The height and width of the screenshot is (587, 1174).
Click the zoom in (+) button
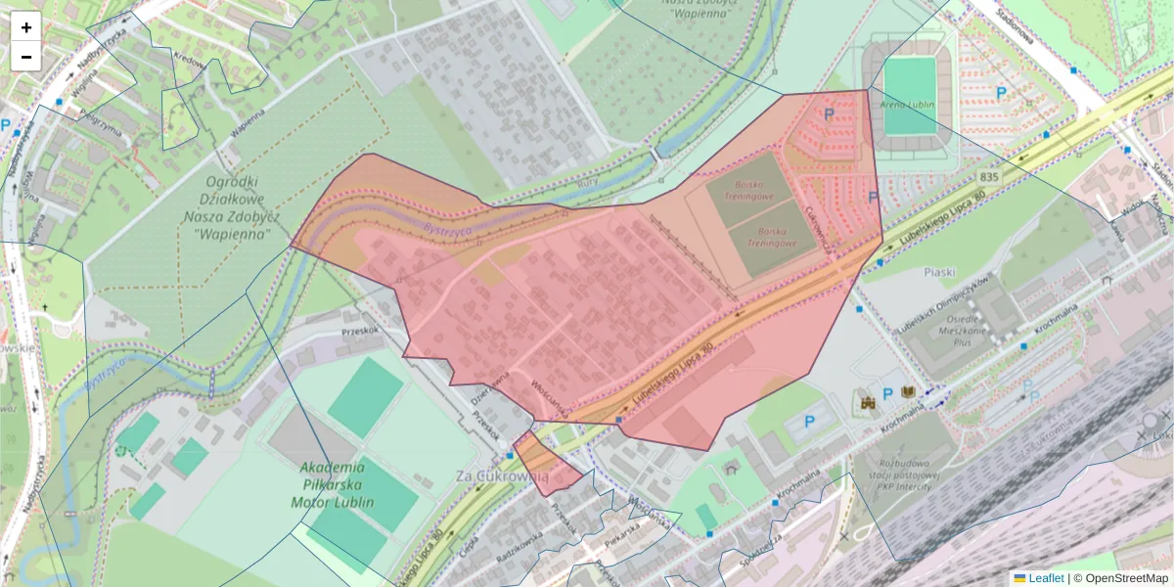[26, 27]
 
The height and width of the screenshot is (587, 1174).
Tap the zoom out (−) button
[26, 57]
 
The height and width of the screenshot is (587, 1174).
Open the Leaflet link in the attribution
[1046, 578]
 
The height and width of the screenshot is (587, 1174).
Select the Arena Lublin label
[908, 105]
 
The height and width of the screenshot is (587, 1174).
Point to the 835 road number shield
[988, 177]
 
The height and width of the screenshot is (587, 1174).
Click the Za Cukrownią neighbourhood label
[503, 475]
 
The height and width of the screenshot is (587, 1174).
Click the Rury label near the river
[588, 180]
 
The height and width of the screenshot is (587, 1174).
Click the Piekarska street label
[622, 538]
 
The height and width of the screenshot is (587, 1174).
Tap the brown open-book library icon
[909, 392]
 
